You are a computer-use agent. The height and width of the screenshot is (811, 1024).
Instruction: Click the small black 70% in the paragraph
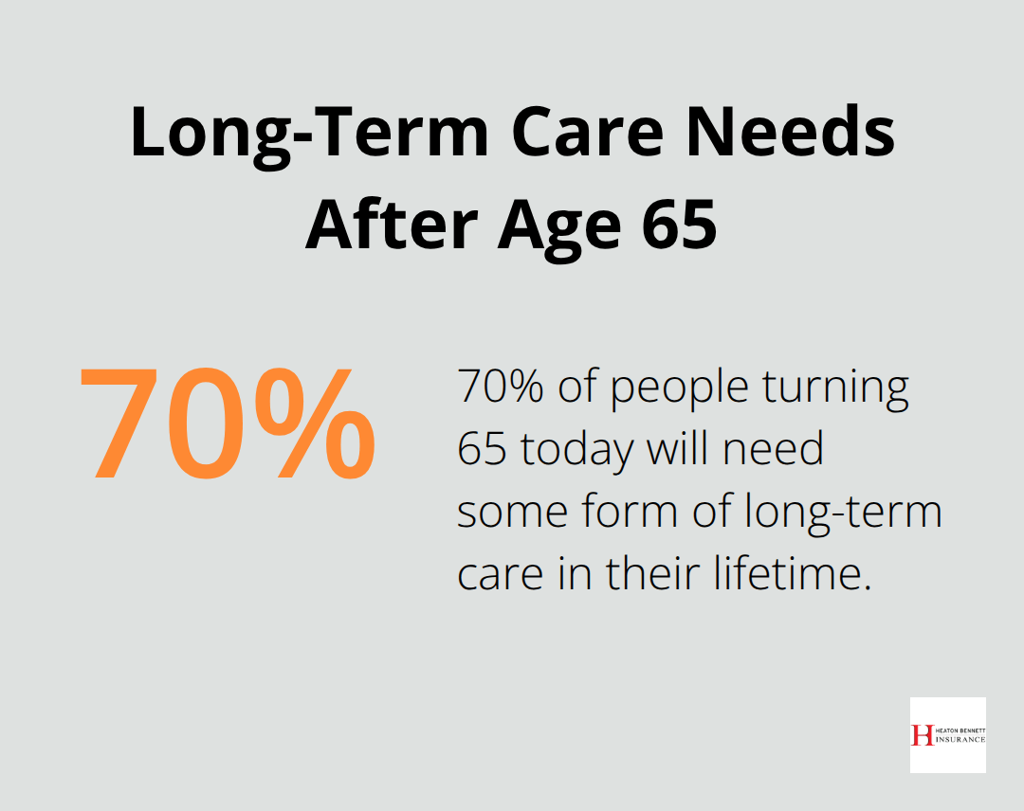499,387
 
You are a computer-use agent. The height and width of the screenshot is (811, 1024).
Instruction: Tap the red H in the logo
921,735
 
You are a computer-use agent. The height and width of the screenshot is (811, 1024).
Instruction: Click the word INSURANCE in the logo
960,739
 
